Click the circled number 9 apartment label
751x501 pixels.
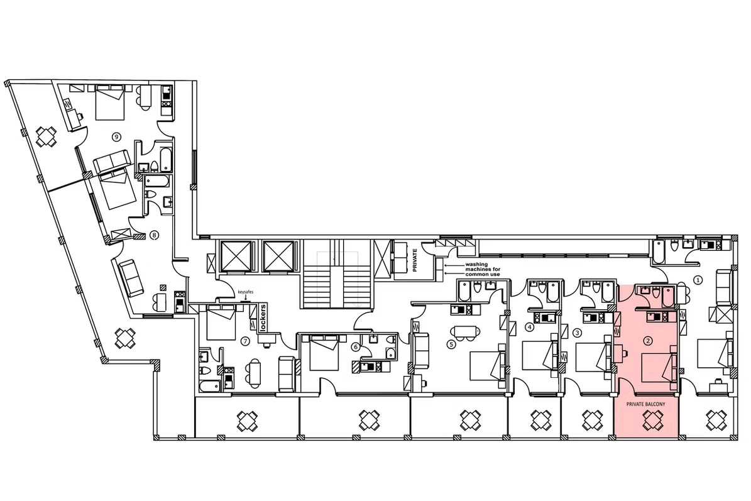116,137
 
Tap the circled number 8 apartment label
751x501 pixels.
154,234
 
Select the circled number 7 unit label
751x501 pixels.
245,341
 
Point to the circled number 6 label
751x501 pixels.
355,346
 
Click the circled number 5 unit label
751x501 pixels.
450,344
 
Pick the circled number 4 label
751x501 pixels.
529,328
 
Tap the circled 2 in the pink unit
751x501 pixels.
648,341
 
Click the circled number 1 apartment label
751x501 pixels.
698,280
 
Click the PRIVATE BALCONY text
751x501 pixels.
645,404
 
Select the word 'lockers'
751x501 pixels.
263,317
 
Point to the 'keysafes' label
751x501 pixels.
245,292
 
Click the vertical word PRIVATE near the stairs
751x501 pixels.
415,260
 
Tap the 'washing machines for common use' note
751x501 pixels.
483,269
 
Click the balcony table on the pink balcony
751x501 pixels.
652,421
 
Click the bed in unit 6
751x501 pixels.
325,353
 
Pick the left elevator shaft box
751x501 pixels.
235,256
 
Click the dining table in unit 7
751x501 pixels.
254,372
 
